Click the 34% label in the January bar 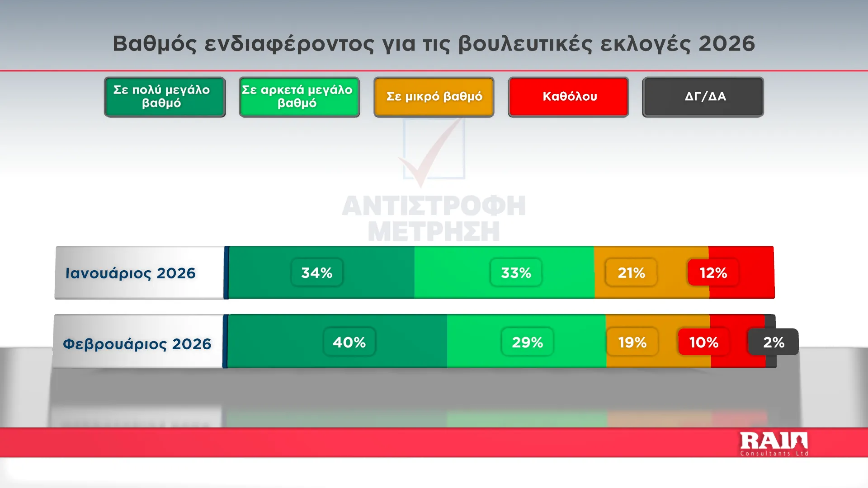click(317, 272)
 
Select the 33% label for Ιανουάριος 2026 click(516, 272)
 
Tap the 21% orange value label click(631, 272)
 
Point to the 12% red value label click(713, 272)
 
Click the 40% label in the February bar click(349, 342)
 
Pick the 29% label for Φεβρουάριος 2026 click(528, 342)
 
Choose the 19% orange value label click(632, 342)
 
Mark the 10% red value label click(704, 342)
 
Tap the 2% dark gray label click(774, 342)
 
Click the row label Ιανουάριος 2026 click(131, 273)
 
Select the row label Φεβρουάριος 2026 click(137, 344)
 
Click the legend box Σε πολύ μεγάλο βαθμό click(165, 97)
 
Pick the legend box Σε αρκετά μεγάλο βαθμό click(299, 97)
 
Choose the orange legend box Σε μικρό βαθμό click(434, 97)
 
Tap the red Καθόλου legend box click(569, 97)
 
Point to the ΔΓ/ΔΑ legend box click(703, 97)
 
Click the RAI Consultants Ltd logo click(774, 444)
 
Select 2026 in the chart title click(727, 44)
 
